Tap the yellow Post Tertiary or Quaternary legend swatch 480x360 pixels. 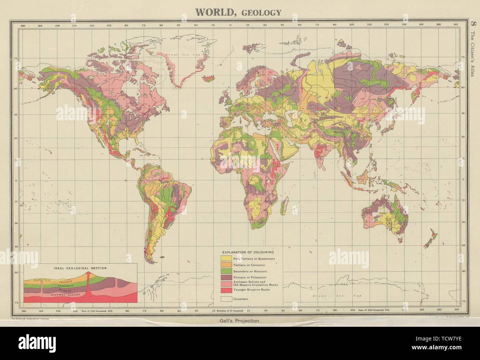point(226,258)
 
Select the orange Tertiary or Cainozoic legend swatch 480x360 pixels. point(226,265)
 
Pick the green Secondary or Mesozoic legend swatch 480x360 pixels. point(226,271)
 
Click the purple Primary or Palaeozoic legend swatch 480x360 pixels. point(226,277)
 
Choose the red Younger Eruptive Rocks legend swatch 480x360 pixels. point(226,290)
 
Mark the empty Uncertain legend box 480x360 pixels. point(226,298)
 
